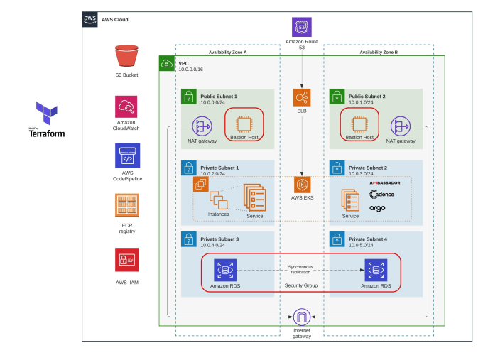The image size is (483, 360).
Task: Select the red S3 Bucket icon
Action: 126,56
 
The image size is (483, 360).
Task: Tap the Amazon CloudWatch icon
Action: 126,107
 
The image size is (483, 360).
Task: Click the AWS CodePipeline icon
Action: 128,156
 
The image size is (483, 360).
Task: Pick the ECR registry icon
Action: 127,206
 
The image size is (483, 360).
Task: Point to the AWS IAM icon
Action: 127,259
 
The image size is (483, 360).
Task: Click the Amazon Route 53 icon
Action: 302,28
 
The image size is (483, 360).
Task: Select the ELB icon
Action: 302,97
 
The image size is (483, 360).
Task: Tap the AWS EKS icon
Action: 302,185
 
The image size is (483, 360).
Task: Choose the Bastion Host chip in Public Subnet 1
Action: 244,123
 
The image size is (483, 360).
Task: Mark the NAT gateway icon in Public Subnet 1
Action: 202,126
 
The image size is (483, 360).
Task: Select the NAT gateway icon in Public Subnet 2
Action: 401,126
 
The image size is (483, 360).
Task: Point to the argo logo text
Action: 377,208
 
